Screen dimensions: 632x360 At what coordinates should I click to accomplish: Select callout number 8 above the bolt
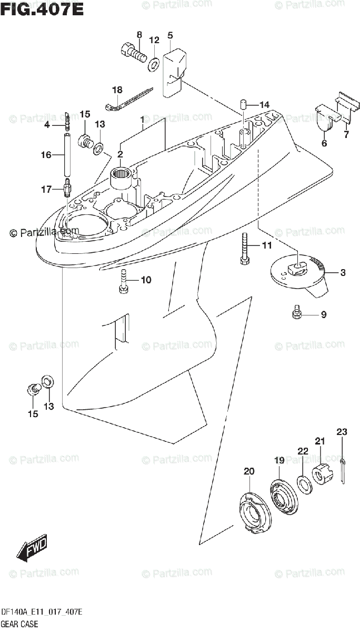tap(139, 35)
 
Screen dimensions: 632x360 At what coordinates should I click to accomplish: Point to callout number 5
tap(170, 35)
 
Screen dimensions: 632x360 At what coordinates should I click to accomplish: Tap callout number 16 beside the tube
tap(46, 155)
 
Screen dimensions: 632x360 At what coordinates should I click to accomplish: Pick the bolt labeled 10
tap(123, 281)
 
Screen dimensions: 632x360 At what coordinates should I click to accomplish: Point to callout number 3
tap(343, 272)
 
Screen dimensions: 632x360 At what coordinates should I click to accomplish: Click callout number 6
tap(324, 143)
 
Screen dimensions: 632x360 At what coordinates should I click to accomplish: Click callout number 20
tap(249, 470)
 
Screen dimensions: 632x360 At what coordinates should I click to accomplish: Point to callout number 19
tap(279, 460)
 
